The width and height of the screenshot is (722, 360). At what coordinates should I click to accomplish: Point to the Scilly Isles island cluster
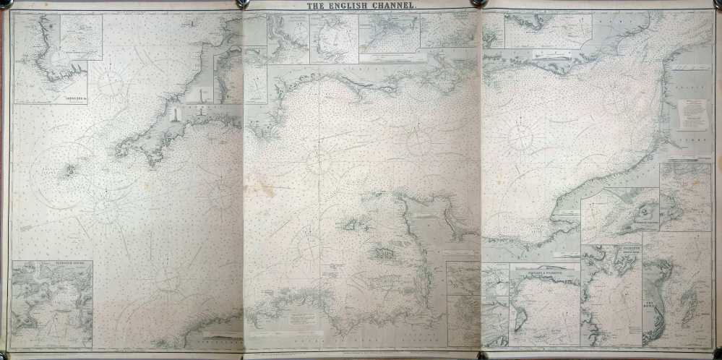(70, 171)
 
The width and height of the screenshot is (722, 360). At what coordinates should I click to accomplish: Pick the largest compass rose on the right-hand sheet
(522, 135)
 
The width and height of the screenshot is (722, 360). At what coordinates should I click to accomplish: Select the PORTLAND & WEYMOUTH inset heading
(544, 270)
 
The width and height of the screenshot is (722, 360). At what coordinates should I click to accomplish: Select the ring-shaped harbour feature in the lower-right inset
(643, 213)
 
